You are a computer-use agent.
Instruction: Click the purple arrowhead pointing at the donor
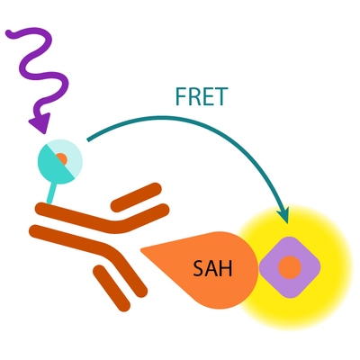coord(40,122)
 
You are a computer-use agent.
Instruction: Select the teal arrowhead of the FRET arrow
coord(284,215)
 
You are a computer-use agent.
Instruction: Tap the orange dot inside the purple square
coord(289,266)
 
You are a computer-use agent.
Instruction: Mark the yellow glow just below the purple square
coord(289,306)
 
